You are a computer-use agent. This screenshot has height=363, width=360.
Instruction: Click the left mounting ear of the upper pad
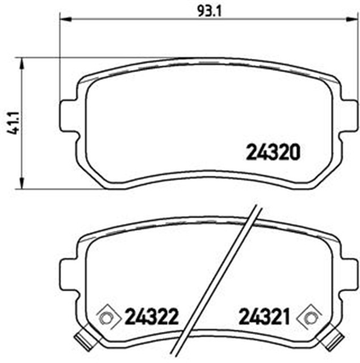(x=68, y=116)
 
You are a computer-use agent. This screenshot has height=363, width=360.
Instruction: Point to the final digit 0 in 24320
(x=293, y=151)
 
